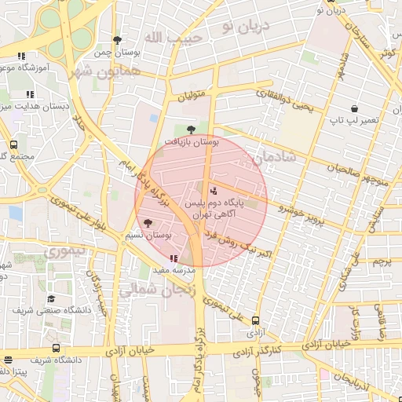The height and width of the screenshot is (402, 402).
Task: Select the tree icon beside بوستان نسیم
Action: click(148, 223)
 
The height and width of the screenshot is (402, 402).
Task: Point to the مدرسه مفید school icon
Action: click(173, 258)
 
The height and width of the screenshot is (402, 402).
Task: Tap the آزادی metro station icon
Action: click(255, 320)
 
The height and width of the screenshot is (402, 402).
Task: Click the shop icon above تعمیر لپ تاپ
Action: click(354, 108)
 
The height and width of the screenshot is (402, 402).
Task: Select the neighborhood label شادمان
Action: click(275, 157)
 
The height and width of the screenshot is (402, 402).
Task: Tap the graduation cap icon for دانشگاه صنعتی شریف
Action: click(51, 298)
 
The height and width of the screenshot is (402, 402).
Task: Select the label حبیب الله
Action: click(173, 37)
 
